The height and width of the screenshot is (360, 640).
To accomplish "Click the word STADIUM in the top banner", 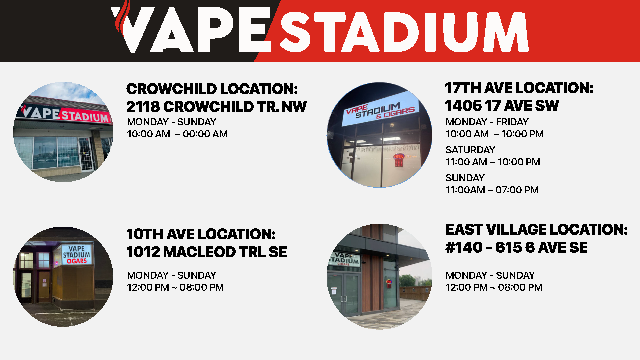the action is point(404,32).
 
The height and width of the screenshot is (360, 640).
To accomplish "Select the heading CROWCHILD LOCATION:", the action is point(212,89).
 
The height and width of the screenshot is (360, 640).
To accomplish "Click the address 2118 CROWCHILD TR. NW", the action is point(216,107).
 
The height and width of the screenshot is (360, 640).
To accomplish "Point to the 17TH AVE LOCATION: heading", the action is point(519,88).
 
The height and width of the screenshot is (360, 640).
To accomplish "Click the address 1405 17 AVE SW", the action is point(502,106).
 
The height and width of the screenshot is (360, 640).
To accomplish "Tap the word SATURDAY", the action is point(470,150).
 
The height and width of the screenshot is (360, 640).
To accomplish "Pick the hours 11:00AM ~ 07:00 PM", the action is point(492,190).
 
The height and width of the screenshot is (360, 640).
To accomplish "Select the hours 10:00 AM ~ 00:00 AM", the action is point(177,134).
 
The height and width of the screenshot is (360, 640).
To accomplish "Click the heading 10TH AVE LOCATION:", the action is point(201,234).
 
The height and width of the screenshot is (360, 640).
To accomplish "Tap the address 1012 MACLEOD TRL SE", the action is point(207,252).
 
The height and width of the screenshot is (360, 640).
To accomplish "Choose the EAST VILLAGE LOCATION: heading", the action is point(537,230).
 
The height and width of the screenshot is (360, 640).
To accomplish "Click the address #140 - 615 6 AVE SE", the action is point(516,247).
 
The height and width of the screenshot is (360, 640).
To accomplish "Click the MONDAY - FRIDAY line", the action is point(487,122).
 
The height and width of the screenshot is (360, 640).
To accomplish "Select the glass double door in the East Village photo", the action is point(344,295).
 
